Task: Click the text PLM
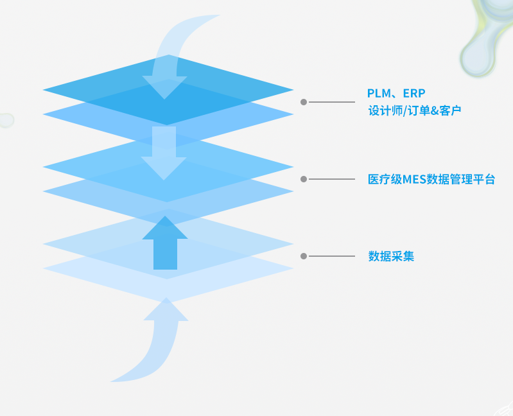[x=378, y=93]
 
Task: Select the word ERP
[x=414, y=93]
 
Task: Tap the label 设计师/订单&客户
[x=414, y=110]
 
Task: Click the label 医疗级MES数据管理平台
[x=431, y=180]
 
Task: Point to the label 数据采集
[x=391, y=256]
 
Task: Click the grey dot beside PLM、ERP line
[x=304, y=102]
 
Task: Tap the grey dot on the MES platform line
[x=304, y=179]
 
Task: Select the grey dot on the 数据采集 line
[x=304, y=256]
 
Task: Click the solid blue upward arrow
[x=165, y=244]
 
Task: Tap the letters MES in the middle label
[x=413, y=180]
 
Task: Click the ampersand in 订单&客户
[x=434, y=110]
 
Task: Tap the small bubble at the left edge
[x=5, y=120]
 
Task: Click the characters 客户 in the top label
[x=449, y=110]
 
